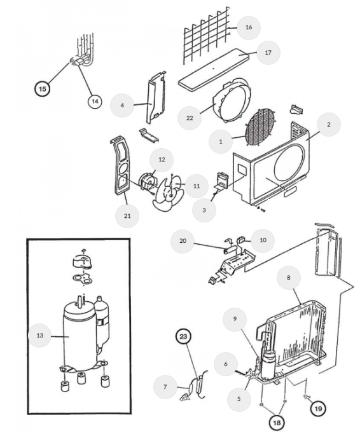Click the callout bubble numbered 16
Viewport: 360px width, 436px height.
(249, 27)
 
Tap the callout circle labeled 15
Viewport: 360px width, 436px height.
(42, 89)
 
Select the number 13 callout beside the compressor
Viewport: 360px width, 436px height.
(40, 336)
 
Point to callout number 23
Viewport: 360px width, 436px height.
(183, 336)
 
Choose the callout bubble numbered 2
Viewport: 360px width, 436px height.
(329, 125)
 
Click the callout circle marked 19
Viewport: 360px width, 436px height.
(318, 409)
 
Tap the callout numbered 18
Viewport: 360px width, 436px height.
(277, 423)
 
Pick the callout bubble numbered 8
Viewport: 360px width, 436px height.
(289, 278)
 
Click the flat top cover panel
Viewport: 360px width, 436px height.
(214, 69)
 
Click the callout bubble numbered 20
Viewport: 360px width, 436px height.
(183, 241)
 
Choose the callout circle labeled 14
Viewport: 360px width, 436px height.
(95, 101)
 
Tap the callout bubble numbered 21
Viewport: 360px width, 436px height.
(127, 216)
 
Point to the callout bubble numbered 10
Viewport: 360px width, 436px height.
(263, 240)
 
